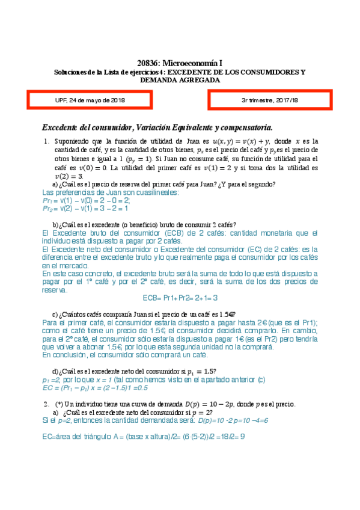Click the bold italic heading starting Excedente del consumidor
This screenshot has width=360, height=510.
(x=157, y=127)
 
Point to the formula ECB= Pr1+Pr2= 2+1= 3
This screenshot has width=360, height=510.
(x=180, y=297)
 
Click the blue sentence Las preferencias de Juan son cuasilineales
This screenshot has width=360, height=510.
(x=111, y=192)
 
